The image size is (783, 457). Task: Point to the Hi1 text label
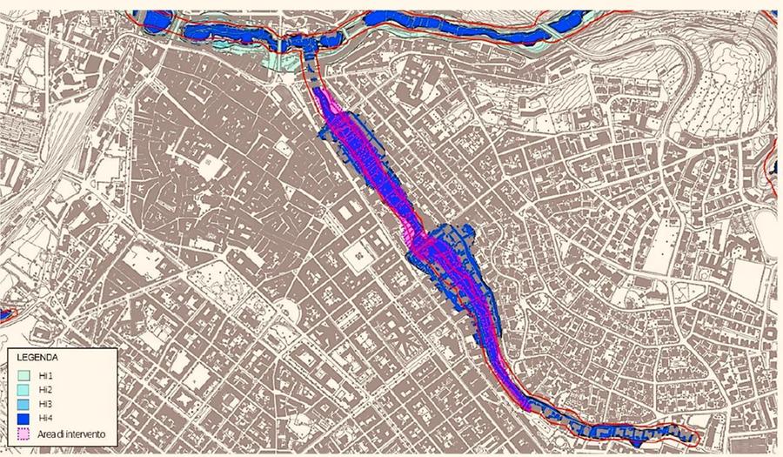click(47, 375)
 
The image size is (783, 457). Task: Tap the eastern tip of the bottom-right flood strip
click(693, 436)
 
